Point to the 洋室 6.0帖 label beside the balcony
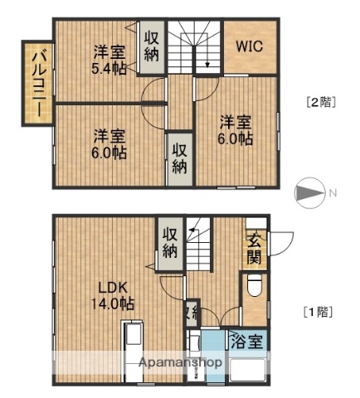point(109,143)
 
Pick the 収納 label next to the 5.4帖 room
point(151,46)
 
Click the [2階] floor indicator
point(319,103)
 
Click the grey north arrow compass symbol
point(309,193)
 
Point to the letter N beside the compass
point(332,193)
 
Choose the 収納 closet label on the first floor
point(169,241)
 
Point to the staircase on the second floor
point(195,49)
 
